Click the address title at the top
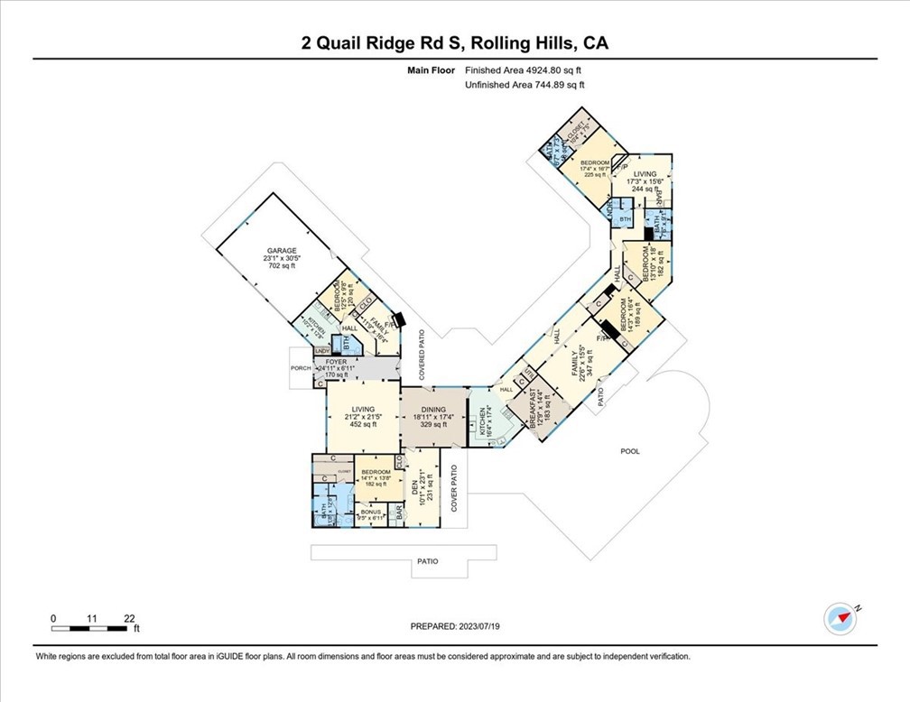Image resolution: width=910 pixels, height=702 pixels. point(454,42)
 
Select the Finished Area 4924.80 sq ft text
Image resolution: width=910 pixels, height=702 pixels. point(525,69)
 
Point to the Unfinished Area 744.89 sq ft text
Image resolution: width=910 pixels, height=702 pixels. point(525,85)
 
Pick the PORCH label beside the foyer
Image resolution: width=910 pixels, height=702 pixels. point(301,367)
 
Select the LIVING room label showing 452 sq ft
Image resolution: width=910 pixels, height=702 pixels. point(361,417)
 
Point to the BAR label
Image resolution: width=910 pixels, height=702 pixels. point(400,513)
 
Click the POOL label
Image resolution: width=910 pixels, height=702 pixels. point(629,450)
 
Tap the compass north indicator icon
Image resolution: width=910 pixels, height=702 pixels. point(840,618)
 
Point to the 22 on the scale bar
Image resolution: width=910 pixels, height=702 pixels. point(130,618)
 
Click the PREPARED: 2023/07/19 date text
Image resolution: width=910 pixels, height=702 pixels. point(454,626)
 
